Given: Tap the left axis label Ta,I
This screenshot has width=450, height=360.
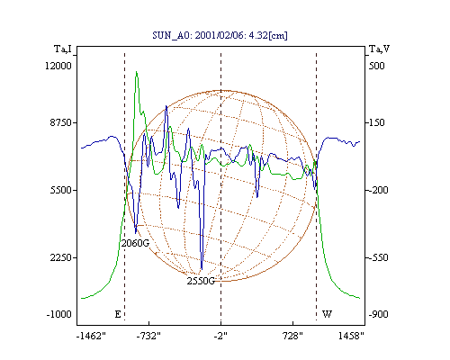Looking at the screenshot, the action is pyautogui.click(x=63, y=49).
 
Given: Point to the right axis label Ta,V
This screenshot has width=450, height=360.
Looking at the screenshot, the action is pyautogui.click(x=379, y=49).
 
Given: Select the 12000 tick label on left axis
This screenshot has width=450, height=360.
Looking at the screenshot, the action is pyautogui.click(x=58, y=66).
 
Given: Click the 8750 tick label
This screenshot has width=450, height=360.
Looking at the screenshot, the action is pyautogui.click(x=61, y=122).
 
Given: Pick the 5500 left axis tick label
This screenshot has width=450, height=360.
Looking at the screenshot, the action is pyautogui.click(x=61, y=190).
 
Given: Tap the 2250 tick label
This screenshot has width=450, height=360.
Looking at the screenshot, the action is pyautogui.click(x=61, y=257).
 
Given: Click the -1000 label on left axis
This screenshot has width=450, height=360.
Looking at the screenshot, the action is pyautogui.click(x=59, y=314).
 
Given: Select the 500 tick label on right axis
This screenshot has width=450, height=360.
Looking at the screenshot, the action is pyautogui.click(x=376, y=66).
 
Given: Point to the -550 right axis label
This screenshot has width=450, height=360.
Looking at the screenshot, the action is pyautogui.click(x=378, y=257).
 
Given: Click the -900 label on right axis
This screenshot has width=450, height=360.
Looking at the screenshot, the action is pyautogui.click(x=378, y=314).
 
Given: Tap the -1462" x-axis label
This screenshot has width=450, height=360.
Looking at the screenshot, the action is pyautogui.click(x=91, y=336).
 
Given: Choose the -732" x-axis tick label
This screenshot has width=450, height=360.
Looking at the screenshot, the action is pyautogui.click(x=148, y=336).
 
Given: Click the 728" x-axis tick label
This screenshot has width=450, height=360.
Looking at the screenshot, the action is pyautogui.click(x=292, y=336).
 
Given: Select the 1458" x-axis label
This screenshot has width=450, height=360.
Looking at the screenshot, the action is pyautogui.click(x=351, y=336).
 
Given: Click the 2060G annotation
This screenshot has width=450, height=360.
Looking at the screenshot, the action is pyautogui.click(x=135, y=243).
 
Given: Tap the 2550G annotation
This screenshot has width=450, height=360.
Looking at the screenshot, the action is pyautogui.click(x=201, y=281).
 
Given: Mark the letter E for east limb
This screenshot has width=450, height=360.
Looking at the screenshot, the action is pyautogui.click(x=118, y=314).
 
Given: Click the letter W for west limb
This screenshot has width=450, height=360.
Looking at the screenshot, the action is pyautogui.click(x=327, y=314).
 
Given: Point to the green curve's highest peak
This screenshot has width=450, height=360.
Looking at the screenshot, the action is pyautogui.click(x=137, y=71).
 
